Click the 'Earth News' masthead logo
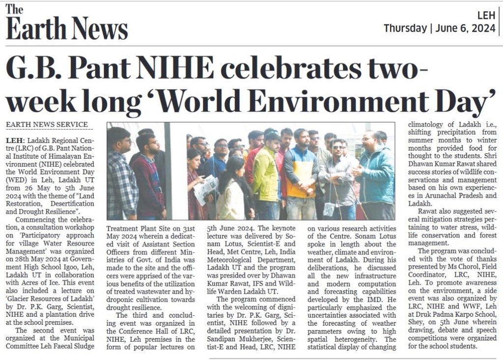66,25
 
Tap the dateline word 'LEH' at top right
486,15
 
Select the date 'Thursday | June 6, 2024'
439,28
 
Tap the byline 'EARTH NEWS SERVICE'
47,125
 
